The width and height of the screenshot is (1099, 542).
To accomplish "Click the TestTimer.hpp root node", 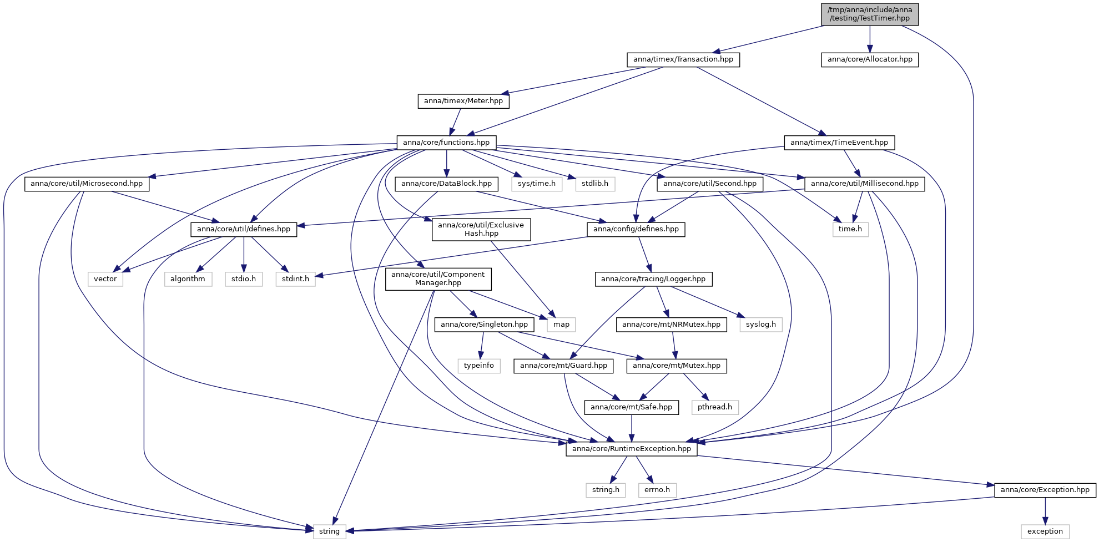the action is pos(870,14).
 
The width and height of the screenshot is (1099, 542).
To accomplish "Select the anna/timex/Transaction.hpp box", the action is pos(683,59).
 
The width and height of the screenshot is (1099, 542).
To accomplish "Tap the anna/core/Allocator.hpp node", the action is pos(870,59).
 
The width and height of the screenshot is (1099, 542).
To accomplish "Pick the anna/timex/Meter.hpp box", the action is pos(463,101).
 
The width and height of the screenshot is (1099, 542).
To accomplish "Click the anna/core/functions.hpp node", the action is pos(446,143).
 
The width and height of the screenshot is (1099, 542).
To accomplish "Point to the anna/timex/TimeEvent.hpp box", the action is pos(839,143).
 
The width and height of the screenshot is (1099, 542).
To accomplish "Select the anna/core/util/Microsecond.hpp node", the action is pos(87,184).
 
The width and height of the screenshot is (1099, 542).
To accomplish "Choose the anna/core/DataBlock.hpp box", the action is pos(447,184).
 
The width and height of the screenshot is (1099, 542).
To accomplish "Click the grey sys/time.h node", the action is pos(537,184).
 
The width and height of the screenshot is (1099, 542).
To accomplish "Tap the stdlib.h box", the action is pos(595,184).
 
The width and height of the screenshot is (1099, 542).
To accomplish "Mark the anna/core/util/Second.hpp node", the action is pos(710,184).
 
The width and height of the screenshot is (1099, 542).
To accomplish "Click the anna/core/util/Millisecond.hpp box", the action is pos(865,184).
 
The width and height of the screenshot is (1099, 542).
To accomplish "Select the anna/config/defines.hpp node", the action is pos(636,229).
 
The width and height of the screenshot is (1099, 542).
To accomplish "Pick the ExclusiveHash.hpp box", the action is pos(481,229).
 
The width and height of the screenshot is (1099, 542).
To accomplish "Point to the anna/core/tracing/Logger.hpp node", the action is pos(653,279).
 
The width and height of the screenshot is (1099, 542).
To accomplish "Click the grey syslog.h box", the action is pos(761,325).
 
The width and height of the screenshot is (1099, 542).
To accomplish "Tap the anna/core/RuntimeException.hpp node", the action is pos(632,449).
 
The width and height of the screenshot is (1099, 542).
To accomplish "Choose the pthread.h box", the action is pos(715,407).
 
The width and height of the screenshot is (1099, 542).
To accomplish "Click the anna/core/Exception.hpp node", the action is pos(1045,490).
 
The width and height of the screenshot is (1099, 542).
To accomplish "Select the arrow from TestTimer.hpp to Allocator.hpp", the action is pos(870,39).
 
